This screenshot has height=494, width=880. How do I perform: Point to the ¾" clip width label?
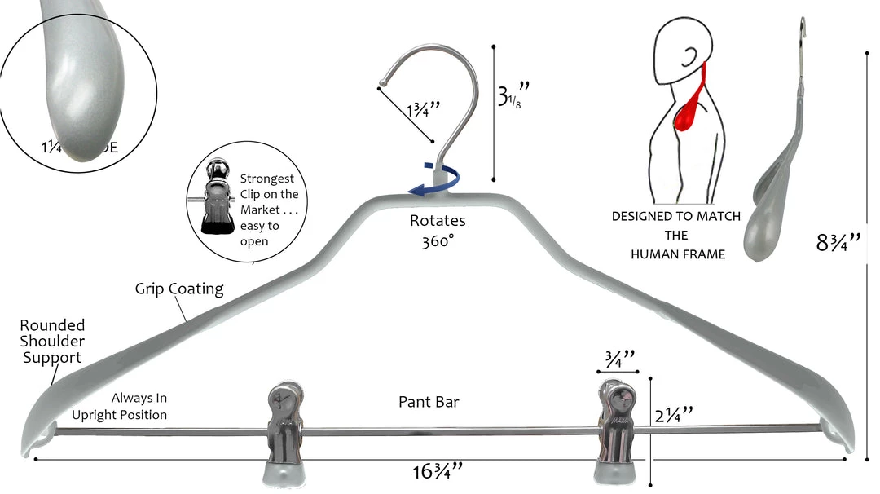(x=618, y=359)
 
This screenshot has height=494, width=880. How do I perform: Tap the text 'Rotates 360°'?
(x=438, y=231)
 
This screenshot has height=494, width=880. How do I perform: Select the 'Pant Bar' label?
(x=429, y=402)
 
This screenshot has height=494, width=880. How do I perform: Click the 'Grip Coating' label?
(x=179, y=289)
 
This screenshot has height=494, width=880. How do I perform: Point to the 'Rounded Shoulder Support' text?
(x=52, y=342)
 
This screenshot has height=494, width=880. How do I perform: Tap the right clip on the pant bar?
(x=620, y=432)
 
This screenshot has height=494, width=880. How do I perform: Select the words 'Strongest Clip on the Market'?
(x=270, y=195)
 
